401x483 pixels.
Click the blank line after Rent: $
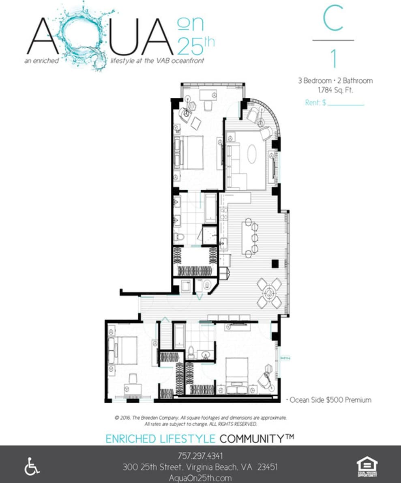click(x=345, y=104)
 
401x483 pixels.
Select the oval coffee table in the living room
click(x=252, y=154)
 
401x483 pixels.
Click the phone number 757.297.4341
click(x=200, y=455)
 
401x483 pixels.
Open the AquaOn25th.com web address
click(x=200, y=478)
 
